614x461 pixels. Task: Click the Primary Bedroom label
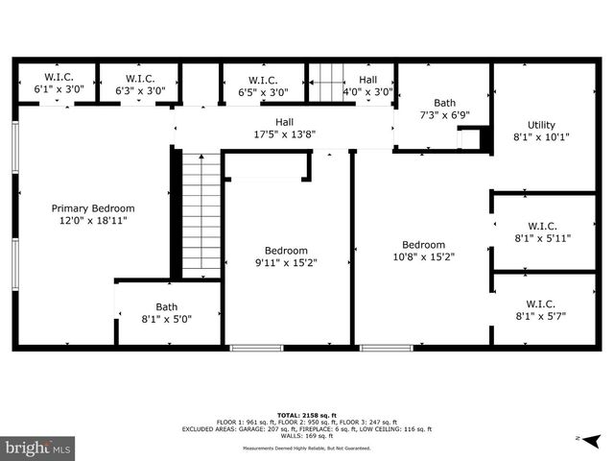click(93, 213)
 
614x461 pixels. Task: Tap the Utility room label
click(541, 131)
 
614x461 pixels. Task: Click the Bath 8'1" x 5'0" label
click(167, 313)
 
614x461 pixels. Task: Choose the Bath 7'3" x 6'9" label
click(444, 109)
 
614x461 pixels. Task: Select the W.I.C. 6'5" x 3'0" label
click(262, 86)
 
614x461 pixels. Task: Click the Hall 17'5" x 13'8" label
click(284, 129)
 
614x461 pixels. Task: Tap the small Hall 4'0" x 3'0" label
click(368, 86)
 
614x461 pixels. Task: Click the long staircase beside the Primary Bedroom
click(201, 215)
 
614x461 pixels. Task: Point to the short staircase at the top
click(325, 81)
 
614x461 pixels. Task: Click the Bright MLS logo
click(38, 448)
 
